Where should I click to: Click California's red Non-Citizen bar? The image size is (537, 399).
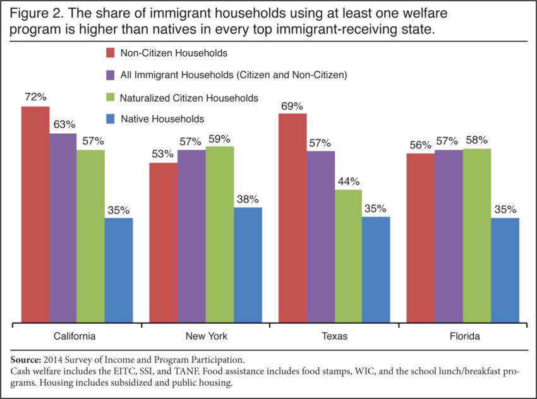pos(35,215)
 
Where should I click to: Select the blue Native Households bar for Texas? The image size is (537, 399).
pos(377,270)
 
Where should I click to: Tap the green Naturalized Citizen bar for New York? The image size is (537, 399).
pos(219,234)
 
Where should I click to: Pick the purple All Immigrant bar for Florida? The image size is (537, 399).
pos(449,236)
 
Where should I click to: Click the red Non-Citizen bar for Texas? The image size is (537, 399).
pos(292,218)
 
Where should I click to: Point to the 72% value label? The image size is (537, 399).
pos(36,98)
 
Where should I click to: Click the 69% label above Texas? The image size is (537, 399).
pos(292,105)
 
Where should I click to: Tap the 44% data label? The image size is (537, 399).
pos(348,181)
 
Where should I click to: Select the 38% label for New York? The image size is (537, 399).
pos(248,199)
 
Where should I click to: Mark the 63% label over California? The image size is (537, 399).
pos(64,124)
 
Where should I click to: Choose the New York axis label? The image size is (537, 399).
pos(206,336)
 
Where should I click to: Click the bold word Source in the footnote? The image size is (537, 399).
pos(29,360)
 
